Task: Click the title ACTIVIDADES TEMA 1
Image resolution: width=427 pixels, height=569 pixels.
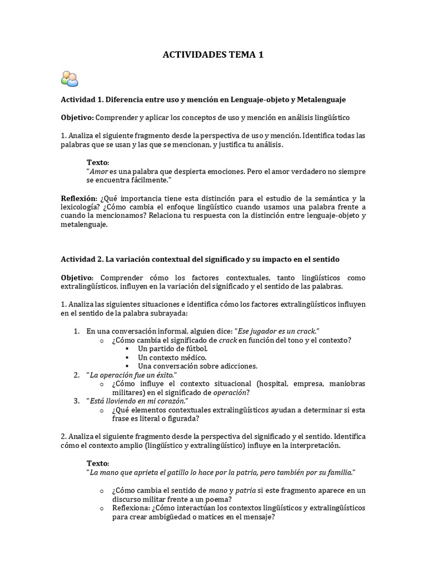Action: click(213, 54)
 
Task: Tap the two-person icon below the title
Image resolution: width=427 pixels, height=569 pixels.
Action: click(69, 79)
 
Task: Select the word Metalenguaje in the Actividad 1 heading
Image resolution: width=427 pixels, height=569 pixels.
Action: click(321, 99)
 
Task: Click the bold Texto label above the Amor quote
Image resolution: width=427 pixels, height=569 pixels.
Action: click(97, 162)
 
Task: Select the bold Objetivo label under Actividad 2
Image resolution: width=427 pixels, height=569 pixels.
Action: click(78, 277)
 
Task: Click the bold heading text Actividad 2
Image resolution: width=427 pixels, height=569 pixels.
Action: click(80, 259)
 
